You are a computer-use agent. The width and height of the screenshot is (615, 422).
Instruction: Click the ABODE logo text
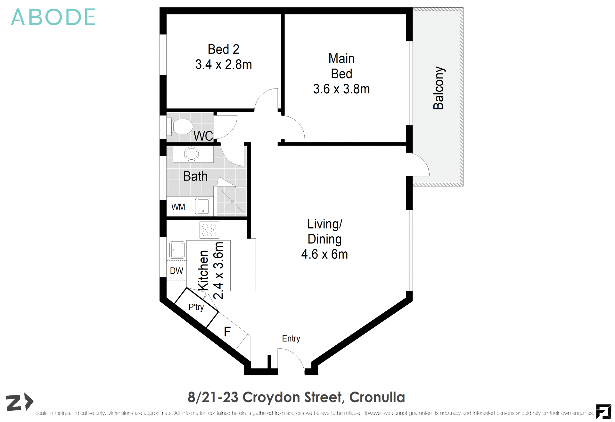click(53, 17)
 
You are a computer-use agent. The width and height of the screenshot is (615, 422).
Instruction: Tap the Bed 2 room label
click(223, 49)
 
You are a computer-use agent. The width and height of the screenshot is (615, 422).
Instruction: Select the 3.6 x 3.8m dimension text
click(341, 89)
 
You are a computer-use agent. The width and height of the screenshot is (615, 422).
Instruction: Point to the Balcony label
click(439, 88)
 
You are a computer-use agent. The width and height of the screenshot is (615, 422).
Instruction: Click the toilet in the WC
click(181, 126)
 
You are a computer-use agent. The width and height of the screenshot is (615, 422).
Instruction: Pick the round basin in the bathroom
click(191, 154)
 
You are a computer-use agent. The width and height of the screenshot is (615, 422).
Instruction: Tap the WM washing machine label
click(178, 207)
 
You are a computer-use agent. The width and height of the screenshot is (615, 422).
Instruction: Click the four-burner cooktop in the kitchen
click(209, 230)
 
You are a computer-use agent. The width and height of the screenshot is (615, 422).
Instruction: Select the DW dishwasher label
click(176, 271)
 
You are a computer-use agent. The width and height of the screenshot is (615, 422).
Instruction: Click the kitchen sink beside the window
click(177, 250)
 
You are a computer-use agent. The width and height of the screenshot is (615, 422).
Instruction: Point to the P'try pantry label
click(196, 307)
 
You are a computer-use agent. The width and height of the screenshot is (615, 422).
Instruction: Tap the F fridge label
click(227, 332)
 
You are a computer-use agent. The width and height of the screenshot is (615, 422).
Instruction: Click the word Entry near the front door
click(291, 339)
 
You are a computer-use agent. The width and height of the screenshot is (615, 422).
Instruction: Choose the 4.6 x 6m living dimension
click(324, 254)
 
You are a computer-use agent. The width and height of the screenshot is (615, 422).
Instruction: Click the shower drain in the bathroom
click(232, 201)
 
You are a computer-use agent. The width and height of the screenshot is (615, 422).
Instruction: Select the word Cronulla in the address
click(377, 397)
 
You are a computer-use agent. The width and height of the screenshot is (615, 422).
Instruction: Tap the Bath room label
click(195, 176)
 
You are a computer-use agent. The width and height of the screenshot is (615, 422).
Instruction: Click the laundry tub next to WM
click(202, 206)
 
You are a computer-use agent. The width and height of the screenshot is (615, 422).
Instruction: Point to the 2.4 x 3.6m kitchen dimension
click(218, 270)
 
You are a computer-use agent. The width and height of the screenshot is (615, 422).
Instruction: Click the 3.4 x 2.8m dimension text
click(223, 65)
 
